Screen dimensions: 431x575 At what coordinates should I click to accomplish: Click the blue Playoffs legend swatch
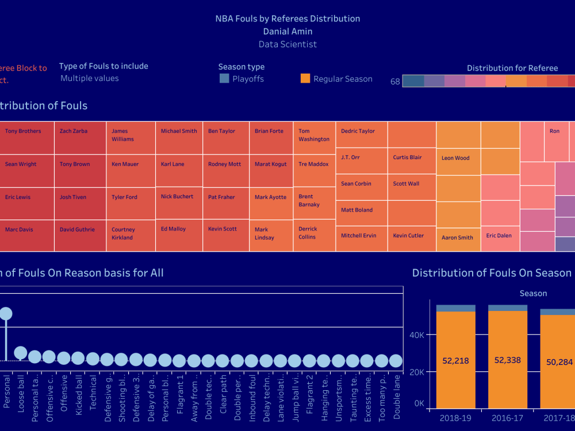click(224, 79)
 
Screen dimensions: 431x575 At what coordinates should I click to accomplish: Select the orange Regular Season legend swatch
click(305, 79)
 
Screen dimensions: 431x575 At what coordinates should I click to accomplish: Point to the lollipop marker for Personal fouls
click(6, 313)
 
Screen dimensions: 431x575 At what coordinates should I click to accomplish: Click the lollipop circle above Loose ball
click(20, 353)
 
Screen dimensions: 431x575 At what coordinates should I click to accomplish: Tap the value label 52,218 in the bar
click(456, 361)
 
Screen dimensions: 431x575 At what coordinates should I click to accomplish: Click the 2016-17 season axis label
click(508, 418)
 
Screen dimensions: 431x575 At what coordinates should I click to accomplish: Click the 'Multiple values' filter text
click(90, 78)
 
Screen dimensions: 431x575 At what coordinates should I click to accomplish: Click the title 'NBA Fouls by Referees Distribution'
click(287, 18)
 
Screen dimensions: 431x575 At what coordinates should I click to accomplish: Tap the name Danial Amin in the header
click(287, 32)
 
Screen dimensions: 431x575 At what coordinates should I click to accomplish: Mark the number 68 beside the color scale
click(395, 82)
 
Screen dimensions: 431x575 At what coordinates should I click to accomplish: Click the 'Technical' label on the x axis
click(93, 391)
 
